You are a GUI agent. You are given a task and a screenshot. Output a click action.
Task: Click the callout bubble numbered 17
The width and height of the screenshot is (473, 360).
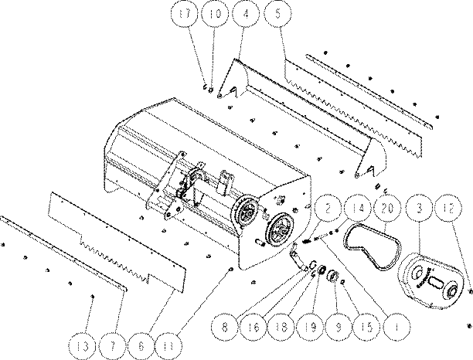pyautogui.click(x=185, y=14)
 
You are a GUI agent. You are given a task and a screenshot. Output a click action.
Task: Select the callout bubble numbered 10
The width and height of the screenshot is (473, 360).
pyautogui.click(x=216, y=14)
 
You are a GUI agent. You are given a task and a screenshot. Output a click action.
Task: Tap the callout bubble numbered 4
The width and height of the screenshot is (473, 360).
pyautogui.click(x=246, y=14)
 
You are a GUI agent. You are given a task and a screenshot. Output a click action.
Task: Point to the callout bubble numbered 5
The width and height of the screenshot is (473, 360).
pyautogui.click(x=277, y=14)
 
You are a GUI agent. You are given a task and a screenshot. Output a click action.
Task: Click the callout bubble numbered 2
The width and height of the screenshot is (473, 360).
pyautogui.click(x=328, y=209)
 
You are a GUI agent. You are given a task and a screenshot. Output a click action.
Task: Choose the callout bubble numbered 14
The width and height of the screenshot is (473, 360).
pyautogui.click(x=358, y=209)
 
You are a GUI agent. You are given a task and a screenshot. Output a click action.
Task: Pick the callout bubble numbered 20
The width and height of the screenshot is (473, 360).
pyautogui.click(x=388, y=209)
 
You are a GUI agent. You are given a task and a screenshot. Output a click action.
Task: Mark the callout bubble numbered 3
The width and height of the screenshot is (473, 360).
pyautogui.click(x=420, y=209)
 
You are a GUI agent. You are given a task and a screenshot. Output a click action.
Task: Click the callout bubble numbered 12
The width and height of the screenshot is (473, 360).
pyautogui.click(x=449, y=209)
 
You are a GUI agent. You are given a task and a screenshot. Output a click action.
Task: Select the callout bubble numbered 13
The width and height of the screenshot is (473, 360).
pyautogui.click(x=83, y=346)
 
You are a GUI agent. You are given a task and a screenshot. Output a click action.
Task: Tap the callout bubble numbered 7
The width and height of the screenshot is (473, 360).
pyautogui.click(x=112, y=346)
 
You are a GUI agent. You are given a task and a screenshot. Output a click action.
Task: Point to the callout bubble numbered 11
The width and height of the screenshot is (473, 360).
pyautogui.click(x=169, y=346)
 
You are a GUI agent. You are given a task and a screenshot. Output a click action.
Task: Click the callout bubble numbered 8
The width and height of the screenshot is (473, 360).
pyautogui.click(x=225, y=327)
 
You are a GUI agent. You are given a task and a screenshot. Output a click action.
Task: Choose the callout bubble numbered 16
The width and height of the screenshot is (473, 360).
pyautogui.click(x=254, y=327)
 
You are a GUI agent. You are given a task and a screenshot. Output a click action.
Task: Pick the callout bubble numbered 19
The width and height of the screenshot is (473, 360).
pyautogui.click(x=311, y=327)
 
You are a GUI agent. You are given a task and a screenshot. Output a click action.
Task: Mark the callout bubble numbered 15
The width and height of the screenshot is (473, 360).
pyautogui.click(x=367, y=327)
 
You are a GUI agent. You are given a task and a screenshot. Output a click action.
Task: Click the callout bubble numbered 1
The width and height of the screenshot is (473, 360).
pyautogui.click(x=396, y=327)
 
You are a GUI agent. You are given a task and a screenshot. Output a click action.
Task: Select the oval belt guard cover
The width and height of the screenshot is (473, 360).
pyautogui.click(x=430, y=281)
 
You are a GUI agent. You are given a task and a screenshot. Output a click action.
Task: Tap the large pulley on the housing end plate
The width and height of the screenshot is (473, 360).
pyautogui.click(x=279, y=231)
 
